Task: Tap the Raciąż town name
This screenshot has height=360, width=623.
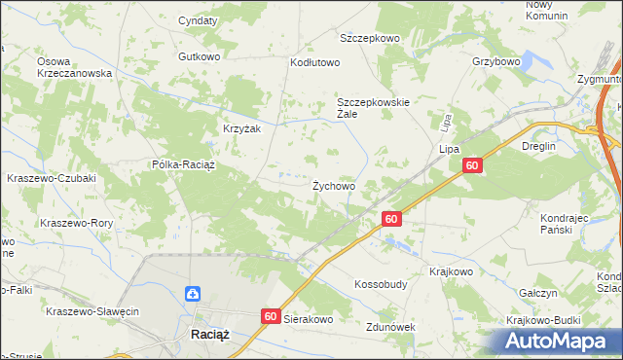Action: (x=203, y=335)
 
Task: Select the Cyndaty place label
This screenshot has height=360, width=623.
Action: (x=198, y=19)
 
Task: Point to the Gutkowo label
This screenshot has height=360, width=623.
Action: (x=200, y=56)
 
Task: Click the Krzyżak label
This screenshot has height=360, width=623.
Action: (x=239, y=129)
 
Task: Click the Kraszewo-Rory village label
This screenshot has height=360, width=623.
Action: (x=77, y=223)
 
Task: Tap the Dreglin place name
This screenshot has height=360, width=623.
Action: (x=537, y=146)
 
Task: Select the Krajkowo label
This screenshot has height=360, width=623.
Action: (x=450, y=272)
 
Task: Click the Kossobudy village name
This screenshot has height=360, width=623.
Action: (x=380, y=286)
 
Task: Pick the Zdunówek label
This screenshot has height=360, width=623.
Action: (x=389, y=328)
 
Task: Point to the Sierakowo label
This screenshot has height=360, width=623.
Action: (x=309, y=318)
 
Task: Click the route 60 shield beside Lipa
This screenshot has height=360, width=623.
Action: (x=471, y=167)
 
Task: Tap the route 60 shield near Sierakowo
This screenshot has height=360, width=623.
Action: (x=271, y=316)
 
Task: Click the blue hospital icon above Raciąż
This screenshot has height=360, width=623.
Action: (x=193, y=293)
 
